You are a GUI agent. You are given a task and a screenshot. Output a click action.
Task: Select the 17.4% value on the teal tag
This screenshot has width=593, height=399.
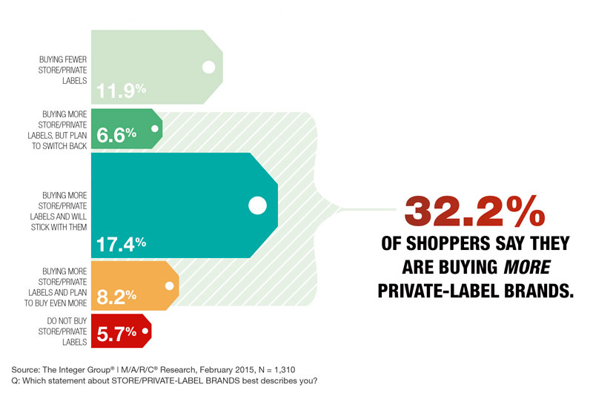coord(122,243)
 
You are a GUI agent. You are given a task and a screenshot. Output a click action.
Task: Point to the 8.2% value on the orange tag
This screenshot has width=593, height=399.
coord(117,297)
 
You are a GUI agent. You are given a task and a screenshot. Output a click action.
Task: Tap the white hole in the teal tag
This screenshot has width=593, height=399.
coord(257,205)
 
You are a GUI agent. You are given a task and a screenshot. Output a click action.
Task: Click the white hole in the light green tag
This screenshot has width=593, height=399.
coord(208,67)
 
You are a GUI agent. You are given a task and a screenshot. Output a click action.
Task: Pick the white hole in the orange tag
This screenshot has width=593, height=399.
coord(170,285)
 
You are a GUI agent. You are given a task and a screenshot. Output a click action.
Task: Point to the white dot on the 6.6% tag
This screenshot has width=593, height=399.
coord(155,128)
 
